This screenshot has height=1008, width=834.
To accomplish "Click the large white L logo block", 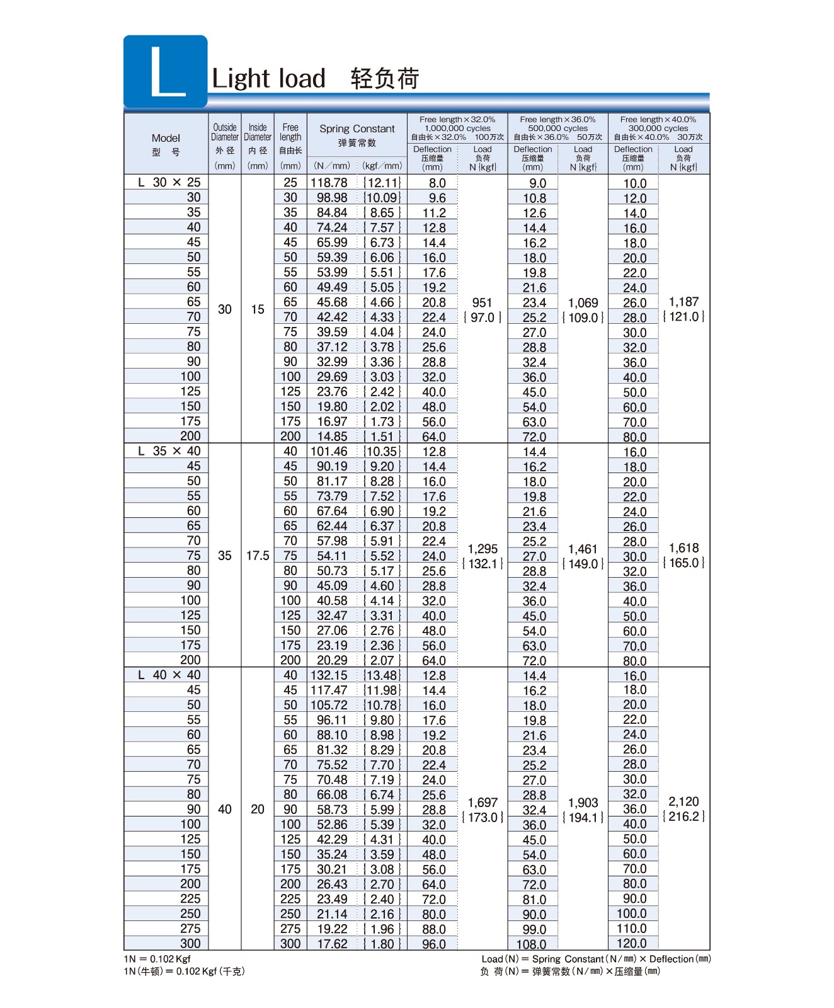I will click(x=166, y=71).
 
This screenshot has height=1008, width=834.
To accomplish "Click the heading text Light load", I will click(x=269, y=79).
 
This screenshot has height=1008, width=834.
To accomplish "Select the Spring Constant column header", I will click(x=357, y=129).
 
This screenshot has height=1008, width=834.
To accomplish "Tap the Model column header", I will click(x=166, y=139).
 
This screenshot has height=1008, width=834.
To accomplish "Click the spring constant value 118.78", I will click(x=329, y=183).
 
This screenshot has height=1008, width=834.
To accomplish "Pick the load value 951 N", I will click(x=482, y=303).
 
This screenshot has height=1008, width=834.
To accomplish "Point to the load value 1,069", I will click(x=583, y=303).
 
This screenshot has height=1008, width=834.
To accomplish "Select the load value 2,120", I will click(x=683, y=802).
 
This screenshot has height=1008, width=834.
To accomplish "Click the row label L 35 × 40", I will click(x=169, y=451).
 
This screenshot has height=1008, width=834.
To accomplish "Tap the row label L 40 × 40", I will click(x=169, y=675).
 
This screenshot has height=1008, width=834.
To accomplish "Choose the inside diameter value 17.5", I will click(x=258, y=556).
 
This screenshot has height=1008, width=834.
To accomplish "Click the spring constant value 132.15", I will click(x=329, y=675).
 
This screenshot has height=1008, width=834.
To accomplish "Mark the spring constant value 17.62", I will click(x=332, y=944).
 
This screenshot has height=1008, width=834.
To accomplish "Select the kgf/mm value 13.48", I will click(x=382, y=675).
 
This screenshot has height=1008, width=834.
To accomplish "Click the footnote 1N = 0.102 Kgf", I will click(x=157, y=959).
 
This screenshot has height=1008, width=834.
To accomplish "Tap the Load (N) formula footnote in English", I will click(x=596, y=959).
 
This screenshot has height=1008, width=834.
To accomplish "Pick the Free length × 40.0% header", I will click(x=658, y=120).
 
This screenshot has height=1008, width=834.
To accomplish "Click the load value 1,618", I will click(x=683, y=548).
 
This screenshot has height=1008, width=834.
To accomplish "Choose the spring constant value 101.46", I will click(x=329, y=452).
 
